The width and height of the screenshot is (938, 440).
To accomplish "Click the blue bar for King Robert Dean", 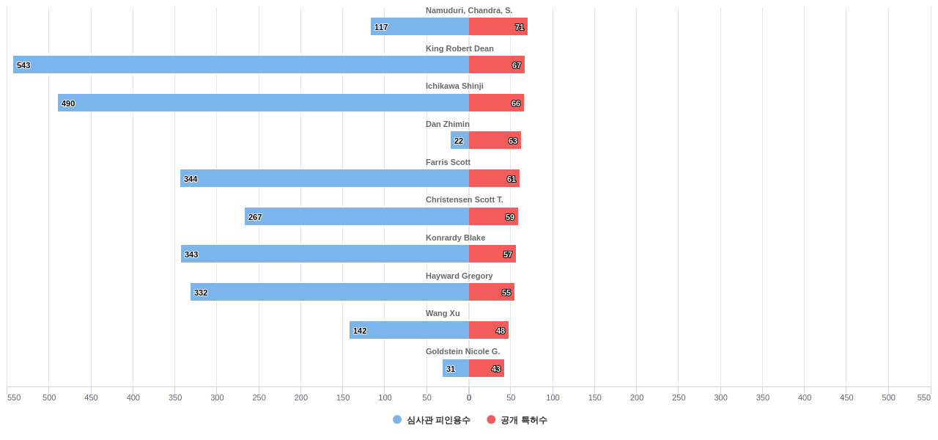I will pyautogui.click(x=241, y=65).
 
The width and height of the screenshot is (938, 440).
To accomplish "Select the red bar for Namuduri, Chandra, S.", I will pyautogui.click(x=498, y=26).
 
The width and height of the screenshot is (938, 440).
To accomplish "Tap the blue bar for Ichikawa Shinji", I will pyautogui.click(x=264, y=103).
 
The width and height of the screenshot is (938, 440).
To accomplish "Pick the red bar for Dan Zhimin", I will pyautogui.click(x=495, y=140).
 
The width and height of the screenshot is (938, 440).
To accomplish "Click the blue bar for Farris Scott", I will pyautogui.click(x=325, y=178).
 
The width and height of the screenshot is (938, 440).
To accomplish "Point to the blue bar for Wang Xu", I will pyautogui.click(x=409, y=330).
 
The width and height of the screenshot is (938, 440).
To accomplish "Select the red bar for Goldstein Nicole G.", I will pyautogui.click(x=487, y=368).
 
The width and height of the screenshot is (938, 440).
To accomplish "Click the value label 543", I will pyautogui.click(x=23, y=65).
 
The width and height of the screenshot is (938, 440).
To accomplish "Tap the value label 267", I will pyautogui.click(x=255, y=217).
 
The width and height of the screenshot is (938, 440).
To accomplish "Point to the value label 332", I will pyautogui.click(x=201, y=293).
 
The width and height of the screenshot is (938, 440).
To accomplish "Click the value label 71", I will pyautogui.click(x=520, y=27).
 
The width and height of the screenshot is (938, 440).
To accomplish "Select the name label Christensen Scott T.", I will pyautogui.click(x=465, y=199).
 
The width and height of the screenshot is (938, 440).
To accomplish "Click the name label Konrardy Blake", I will pyautogui.click(x=455, y=238).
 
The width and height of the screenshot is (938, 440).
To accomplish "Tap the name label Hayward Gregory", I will pyautogui.click(x=459, y=276).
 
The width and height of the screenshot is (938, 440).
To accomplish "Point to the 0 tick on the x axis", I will pyautogui.click(x=469, y=397).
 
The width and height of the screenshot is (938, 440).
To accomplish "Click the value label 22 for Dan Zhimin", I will pyautogui.click(x=459, y=141).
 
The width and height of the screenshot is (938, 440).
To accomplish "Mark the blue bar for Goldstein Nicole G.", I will pyautogui.click(x=456, y=368).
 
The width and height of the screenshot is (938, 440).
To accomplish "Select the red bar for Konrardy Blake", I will pyautogui.click(x=492, y=254).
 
